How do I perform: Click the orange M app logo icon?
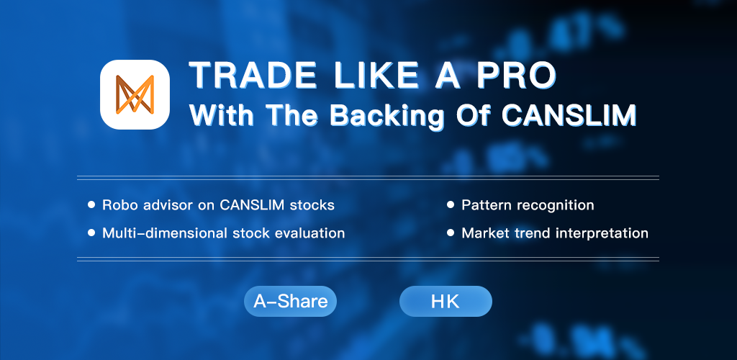point(135,94)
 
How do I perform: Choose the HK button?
point(446,301)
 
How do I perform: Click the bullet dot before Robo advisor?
point(91,205)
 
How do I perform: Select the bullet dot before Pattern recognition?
point(451,205)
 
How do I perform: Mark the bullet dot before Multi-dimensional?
point(91,233)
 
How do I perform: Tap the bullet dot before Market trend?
point(451,233)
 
